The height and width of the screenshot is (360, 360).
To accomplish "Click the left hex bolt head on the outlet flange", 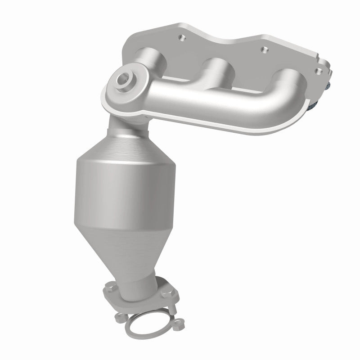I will point(111,284).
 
